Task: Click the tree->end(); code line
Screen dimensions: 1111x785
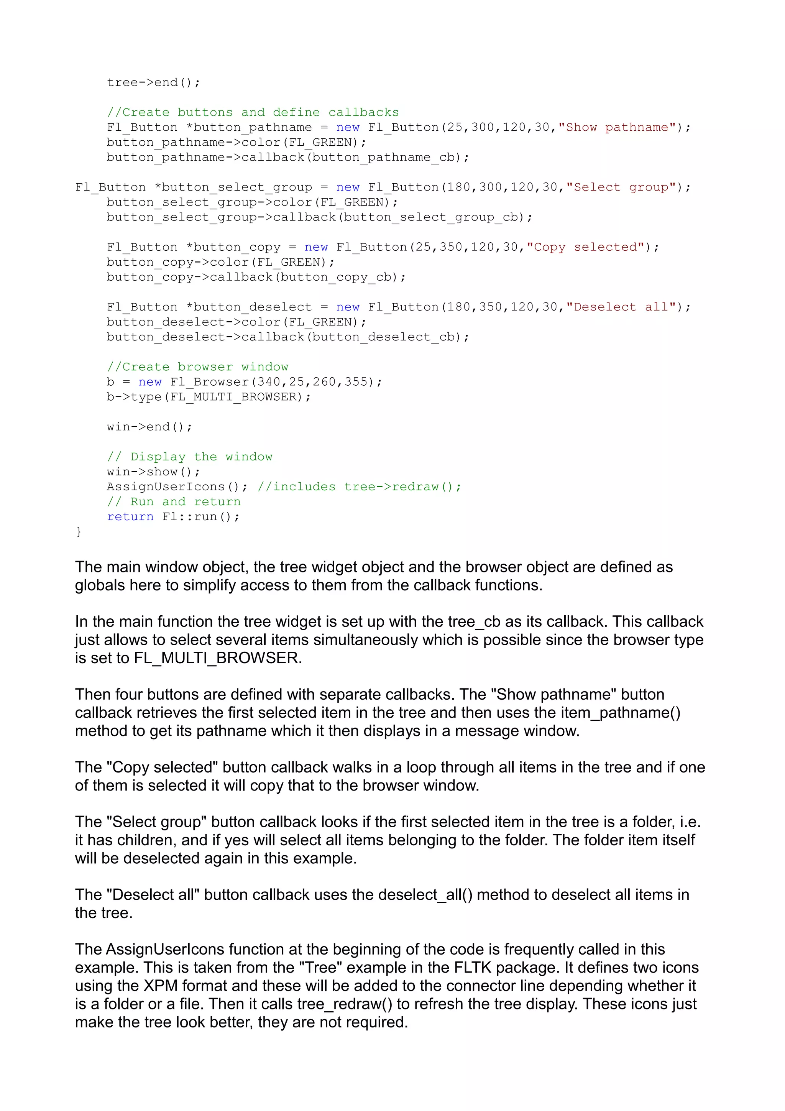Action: (153, 83)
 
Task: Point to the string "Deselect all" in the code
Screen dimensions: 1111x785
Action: (624, 307)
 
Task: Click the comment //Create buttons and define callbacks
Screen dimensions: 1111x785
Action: (253, 112)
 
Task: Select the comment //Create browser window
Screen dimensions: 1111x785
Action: (197, 367)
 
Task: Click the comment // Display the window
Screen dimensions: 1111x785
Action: (190, 457)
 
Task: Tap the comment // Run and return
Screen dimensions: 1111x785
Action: (174, 502)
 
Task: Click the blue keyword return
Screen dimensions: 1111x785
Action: (130, 517)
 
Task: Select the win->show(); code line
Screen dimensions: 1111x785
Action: (153, 472)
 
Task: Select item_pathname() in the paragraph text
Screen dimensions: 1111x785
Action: (621, 713)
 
